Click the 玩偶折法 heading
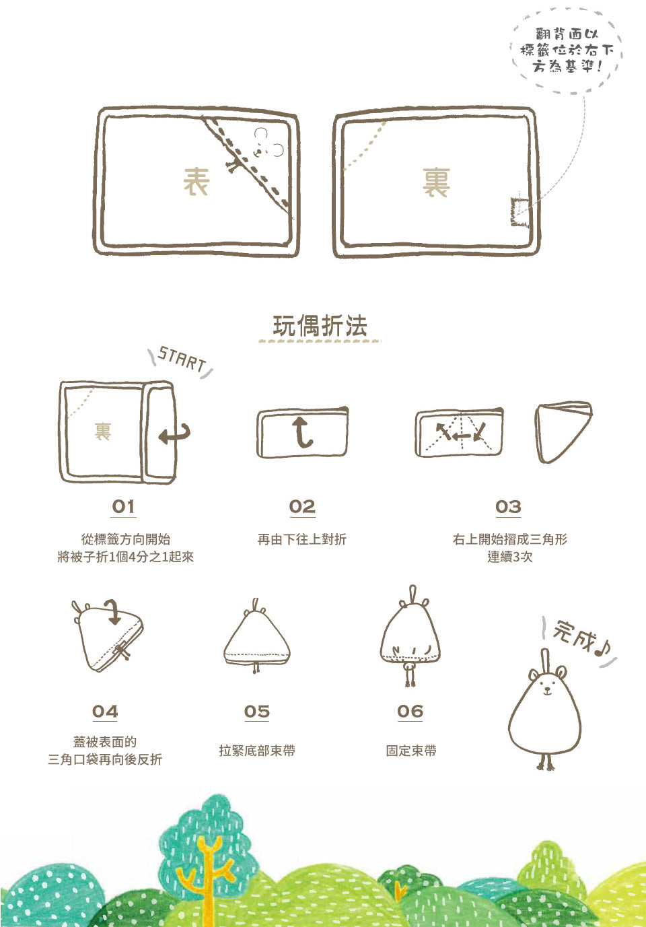tap(320, 326)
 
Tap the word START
tap(182, 359)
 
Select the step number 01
tap(123, 506)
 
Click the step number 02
tap(302, 506)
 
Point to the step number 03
tap(508, 506)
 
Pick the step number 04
tap(105, 712)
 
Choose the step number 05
tap(257, 712)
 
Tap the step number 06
tap(410, 712)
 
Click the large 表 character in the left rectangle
tap(196, 182)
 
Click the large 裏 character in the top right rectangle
tap(436, 182)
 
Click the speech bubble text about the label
tap(567, 50)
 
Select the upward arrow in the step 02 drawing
tap(301, 433)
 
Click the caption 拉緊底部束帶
tap(257, 751)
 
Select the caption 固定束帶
tap(410, 751)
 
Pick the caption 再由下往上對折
tap(302, 539)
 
